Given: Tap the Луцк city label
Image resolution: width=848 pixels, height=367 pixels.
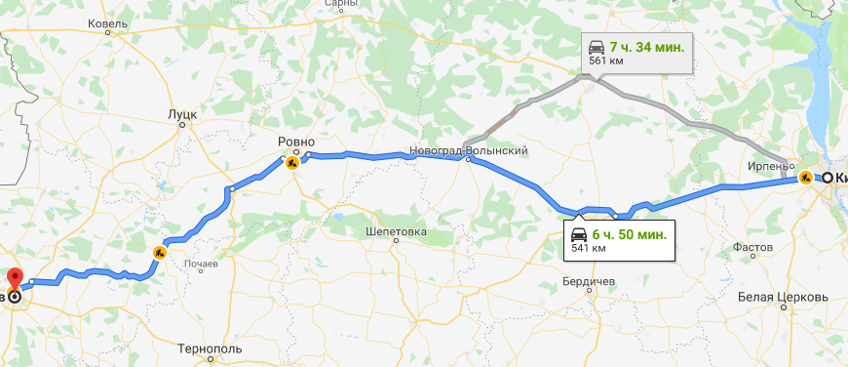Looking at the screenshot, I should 182,114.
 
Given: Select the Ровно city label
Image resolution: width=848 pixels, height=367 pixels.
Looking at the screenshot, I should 296,141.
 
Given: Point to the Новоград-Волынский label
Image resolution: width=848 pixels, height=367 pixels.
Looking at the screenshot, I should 469,150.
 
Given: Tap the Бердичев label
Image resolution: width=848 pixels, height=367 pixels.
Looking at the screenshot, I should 589,281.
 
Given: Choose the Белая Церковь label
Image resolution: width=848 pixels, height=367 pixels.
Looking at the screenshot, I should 783,296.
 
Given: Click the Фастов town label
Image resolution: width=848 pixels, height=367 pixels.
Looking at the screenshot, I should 752,248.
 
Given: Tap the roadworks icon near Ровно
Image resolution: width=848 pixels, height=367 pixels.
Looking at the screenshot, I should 291,163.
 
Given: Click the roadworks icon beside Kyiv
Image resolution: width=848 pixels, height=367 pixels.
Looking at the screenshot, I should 805,178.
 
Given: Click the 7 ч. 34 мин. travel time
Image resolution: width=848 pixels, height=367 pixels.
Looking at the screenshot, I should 647,46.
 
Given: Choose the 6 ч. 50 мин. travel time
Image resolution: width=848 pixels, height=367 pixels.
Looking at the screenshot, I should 630,234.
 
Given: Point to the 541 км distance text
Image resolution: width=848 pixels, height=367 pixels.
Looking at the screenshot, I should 583,249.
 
